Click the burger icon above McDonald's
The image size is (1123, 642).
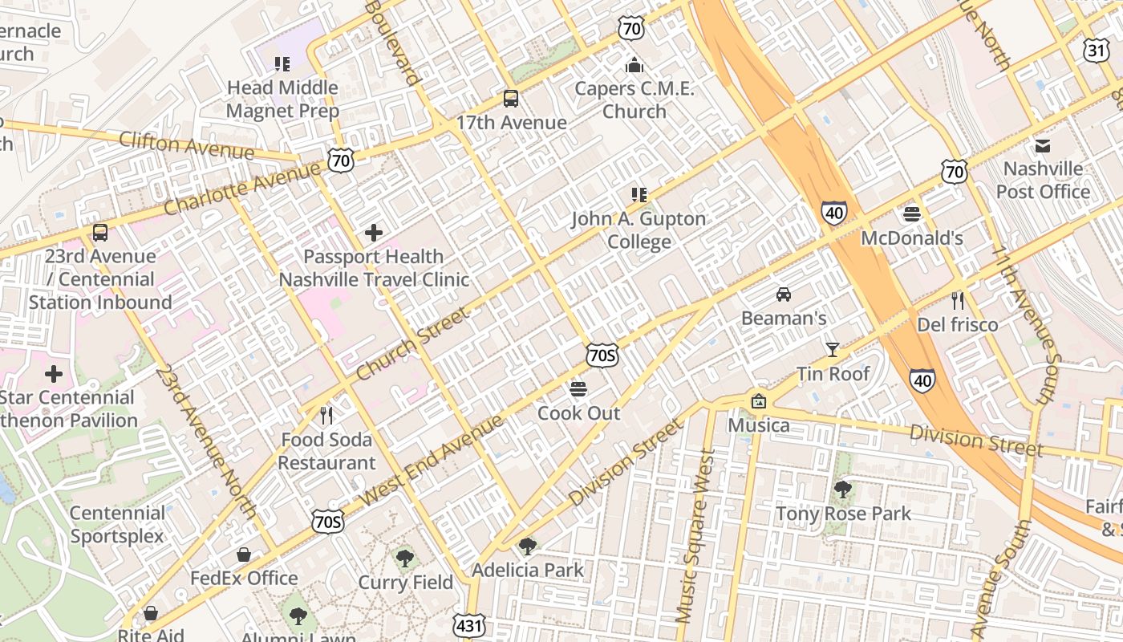(911, 213)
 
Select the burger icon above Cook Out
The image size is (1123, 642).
(578, 389)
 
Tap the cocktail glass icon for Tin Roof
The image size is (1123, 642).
(833, 349)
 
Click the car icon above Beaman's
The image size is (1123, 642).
(784, 294)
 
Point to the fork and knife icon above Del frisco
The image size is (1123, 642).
(957, 301)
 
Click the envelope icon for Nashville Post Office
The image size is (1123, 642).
(1043, 145)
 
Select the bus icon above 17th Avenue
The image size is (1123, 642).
(511, 99)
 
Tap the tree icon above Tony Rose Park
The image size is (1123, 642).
(842, 489)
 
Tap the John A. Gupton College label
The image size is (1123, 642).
(639, 230)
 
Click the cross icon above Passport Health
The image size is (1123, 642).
(373, 233)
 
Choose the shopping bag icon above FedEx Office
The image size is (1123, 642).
(244, 555)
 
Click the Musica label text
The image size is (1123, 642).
(758, 425)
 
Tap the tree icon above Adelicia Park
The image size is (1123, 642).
(527, 547)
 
